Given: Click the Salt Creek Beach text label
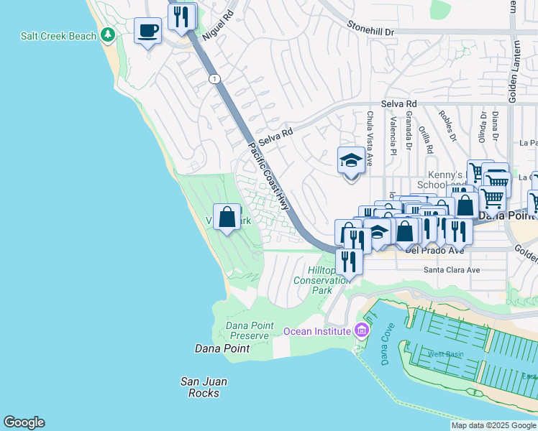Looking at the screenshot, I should point(58,36).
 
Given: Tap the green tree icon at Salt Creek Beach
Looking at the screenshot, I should point(108,34).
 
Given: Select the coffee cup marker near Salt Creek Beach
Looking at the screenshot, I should point(148,31).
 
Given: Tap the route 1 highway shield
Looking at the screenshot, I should point(214,78).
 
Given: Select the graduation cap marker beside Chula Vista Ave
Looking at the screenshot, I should point(351,161).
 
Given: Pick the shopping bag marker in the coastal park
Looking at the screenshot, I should point(227,217).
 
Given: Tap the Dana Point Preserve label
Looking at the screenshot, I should point(250,330).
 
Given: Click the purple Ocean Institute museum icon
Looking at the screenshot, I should point(362,331).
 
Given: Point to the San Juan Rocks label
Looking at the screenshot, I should point(199,387).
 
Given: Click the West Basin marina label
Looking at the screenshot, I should point(445,353).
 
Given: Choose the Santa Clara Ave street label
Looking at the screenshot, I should point(451,270).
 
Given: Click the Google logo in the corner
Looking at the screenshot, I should point(24,422).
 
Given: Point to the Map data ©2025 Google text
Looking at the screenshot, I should point(493,426).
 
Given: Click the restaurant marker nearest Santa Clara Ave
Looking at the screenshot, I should point(350,260).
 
